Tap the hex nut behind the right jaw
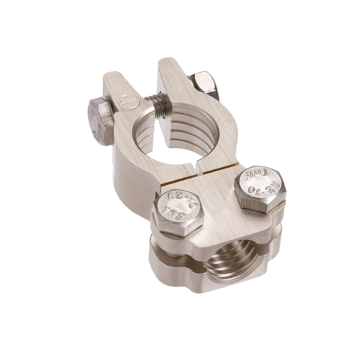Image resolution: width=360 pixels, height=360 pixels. [206, 82]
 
